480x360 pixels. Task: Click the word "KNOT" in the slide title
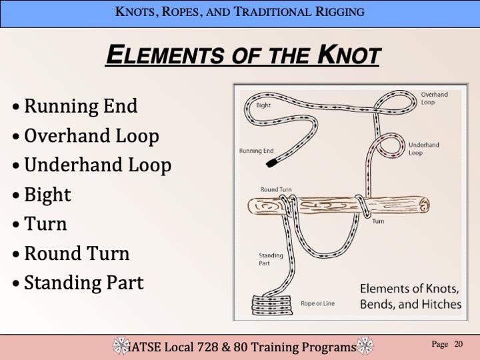click(349, 55)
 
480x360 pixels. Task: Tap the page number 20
click(458, 344)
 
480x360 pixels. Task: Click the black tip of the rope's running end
click(271, 162)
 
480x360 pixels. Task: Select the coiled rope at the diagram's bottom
click(271, 305)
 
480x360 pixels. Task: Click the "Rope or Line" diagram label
click(317, 303)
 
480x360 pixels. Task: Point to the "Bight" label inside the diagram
click(263, 105)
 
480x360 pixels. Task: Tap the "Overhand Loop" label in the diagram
click(434, 98)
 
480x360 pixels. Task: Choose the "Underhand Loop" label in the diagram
click(424, 149)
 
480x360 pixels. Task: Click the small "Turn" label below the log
click(378, 221)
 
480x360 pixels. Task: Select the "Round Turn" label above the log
click(276, 189)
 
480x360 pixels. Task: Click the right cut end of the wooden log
click(424, 205)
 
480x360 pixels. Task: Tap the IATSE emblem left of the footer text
click(121, 345)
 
